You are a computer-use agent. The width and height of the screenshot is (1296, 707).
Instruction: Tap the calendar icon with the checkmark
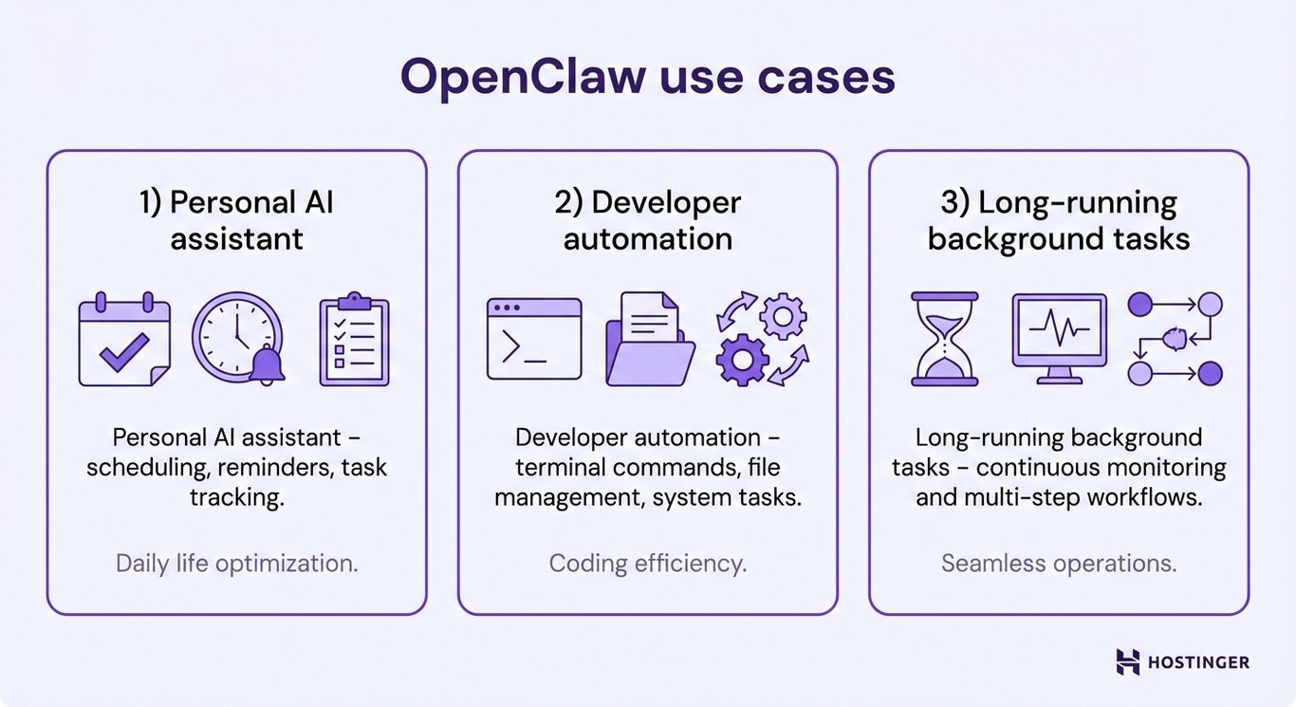[124, 340]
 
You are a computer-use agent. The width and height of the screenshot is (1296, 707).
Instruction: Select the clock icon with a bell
[237, 339]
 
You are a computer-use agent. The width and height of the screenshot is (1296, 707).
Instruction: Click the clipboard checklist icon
[354, 340]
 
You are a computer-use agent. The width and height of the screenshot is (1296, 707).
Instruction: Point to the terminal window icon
[534, 339]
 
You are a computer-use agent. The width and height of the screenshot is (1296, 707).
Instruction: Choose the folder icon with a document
[649, 339]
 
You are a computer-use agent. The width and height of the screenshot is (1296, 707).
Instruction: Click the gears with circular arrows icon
[762, 339]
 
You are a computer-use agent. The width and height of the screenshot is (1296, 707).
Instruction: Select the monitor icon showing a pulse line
[1059, 338]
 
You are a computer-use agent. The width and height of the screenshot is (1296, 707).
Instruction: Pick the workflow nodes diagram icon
[1175, 339]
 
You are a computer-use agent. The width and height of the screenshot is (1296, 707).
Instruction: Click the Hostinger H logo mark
[1128, 662]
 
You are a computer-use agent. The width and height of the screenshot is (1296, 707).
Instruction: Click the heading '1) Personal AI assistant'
[237, 219]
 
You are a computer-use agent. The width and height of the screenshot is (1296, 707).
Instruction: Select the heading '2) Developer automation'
[648, 219]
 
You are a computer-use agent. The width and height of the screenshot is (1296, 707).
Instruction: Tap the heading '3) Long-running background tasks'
[1059, 219]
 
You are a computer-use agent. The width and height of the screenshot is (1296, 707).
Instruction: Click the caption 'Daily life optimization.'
[237, 563]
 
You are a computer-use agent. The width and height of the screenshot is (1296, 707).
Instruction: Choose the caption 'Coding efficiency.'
[648, 563]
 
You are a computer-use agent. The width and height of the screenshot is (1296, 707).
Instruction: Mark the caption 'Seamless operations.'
[1059, 563]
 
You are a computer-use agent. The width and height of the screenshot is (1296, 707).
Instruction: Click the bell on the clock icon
[267, 365]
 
